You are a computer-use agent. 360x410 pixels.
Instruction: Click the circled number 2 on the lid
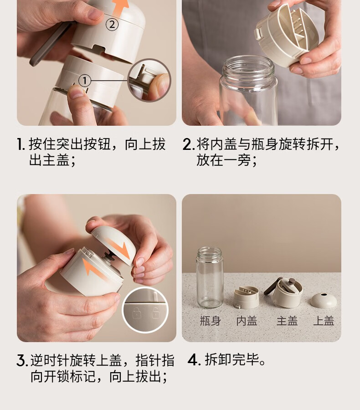[x=112, y=24]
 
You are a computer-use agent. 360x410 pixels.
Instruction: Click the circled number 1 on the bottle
[x=84, y=81]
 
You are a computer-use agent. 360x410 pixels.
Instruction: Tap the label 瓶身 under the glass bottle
[x=211, y=321]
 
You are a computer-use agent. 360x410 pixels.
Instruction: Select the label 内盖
[x=247, y=321]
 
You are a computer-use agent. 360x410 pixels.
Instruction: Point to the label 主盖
[x=287, y=321]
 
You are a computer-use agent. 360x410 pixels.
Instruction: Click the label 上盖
[x=324, y=321]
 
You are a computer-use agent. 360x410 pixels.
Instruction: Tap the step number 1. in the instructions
[x=21, y=144]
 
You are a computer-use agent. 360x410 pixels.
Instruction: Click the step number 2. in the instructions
[x=189, y=144]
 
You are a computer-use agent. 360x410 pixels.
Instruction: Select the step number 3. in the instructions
[x=22, y=361]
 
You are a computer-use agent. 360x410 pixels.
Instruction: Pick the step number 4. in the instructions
[x=194, y=360]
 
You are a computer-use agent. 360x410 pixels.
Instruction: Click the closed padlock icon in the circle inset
[x=137, y=313]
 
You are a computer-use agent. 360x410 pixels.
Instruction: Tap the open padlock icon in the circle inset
[x=156, y=313]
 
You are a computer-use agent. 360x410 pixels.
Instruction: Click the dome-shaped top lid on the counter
[x=324, y=300]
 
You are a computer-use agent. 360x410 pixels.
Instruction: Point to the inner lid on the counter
[x=246, y=297]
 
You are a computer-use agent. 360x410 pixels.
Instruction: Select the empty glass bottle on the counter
[x=210, y=277]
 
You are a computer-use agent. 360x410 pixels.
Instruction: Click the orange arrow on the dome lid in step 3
[x=119, y=248]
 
